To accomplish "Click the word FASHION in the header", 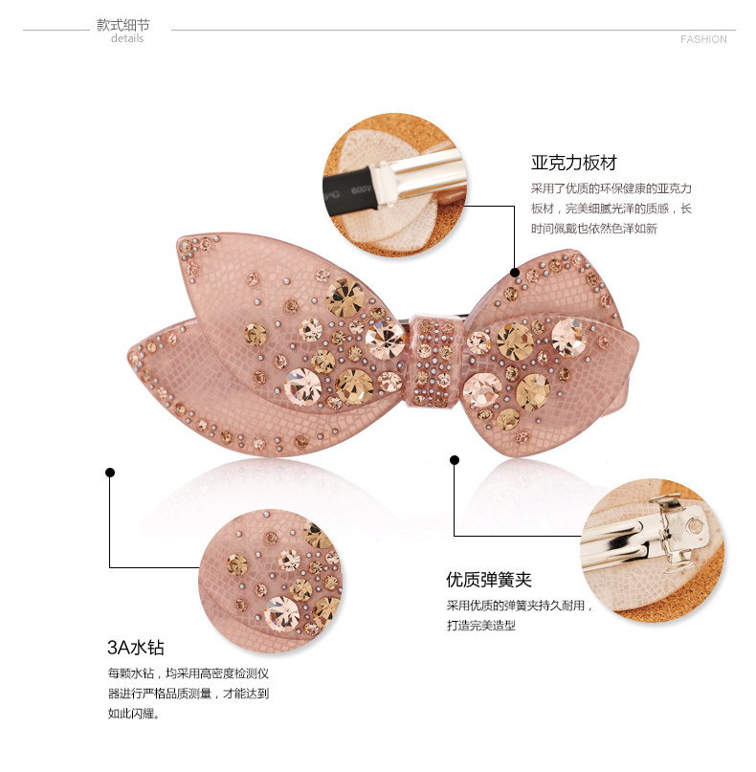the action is pyautogui.click(x=703, y=39).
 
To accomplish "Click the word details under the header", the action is pyautogui.click(x=127, y=39).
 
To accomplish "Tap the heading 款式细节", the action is pyautogui.click(x=123, y=25).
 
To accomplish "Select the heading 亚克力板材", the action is pyautogui.click(x=574, y=163).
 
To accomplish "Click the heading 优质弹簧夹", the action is pyautogui.click(x=489, y=580).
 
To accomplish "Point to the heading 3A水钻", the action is pyautogui.click(x=136, y=648).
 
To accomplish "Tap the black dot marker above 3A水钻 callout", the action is pyautogui.click(x=110, y=472).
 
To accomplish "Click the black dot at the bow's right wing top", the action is pyautogui.click(x=515, y=272).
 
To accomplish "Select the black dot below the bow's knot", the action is pyautogui.click(x=455, y=461).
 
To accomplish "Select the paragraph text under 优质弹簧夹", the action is pyautogui.click(x=520, y=615).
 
